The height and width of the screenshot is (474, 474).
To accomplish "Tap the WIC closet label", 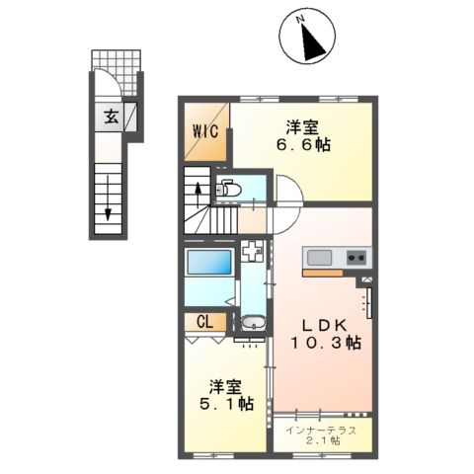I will coord(204,129).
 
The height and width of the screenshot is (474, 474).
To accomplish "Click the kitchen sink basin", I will coord(320,259).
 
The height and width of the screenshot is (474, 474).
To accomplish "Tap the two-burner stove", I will coord(355,259).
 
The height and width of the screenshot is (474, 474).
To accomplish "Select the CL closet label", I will coord(203,321).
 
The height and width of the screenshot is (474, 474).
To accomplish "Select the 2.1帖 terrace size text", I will coord(322,441).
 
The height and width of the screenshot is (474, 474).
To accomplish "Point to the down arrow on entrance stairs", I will coord(107,201).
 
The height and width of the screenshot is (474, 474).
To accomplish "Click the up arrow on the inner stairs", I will coord(197,190).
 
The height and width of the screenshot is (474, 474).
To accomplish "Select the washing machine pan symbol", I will coord(253,252).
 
